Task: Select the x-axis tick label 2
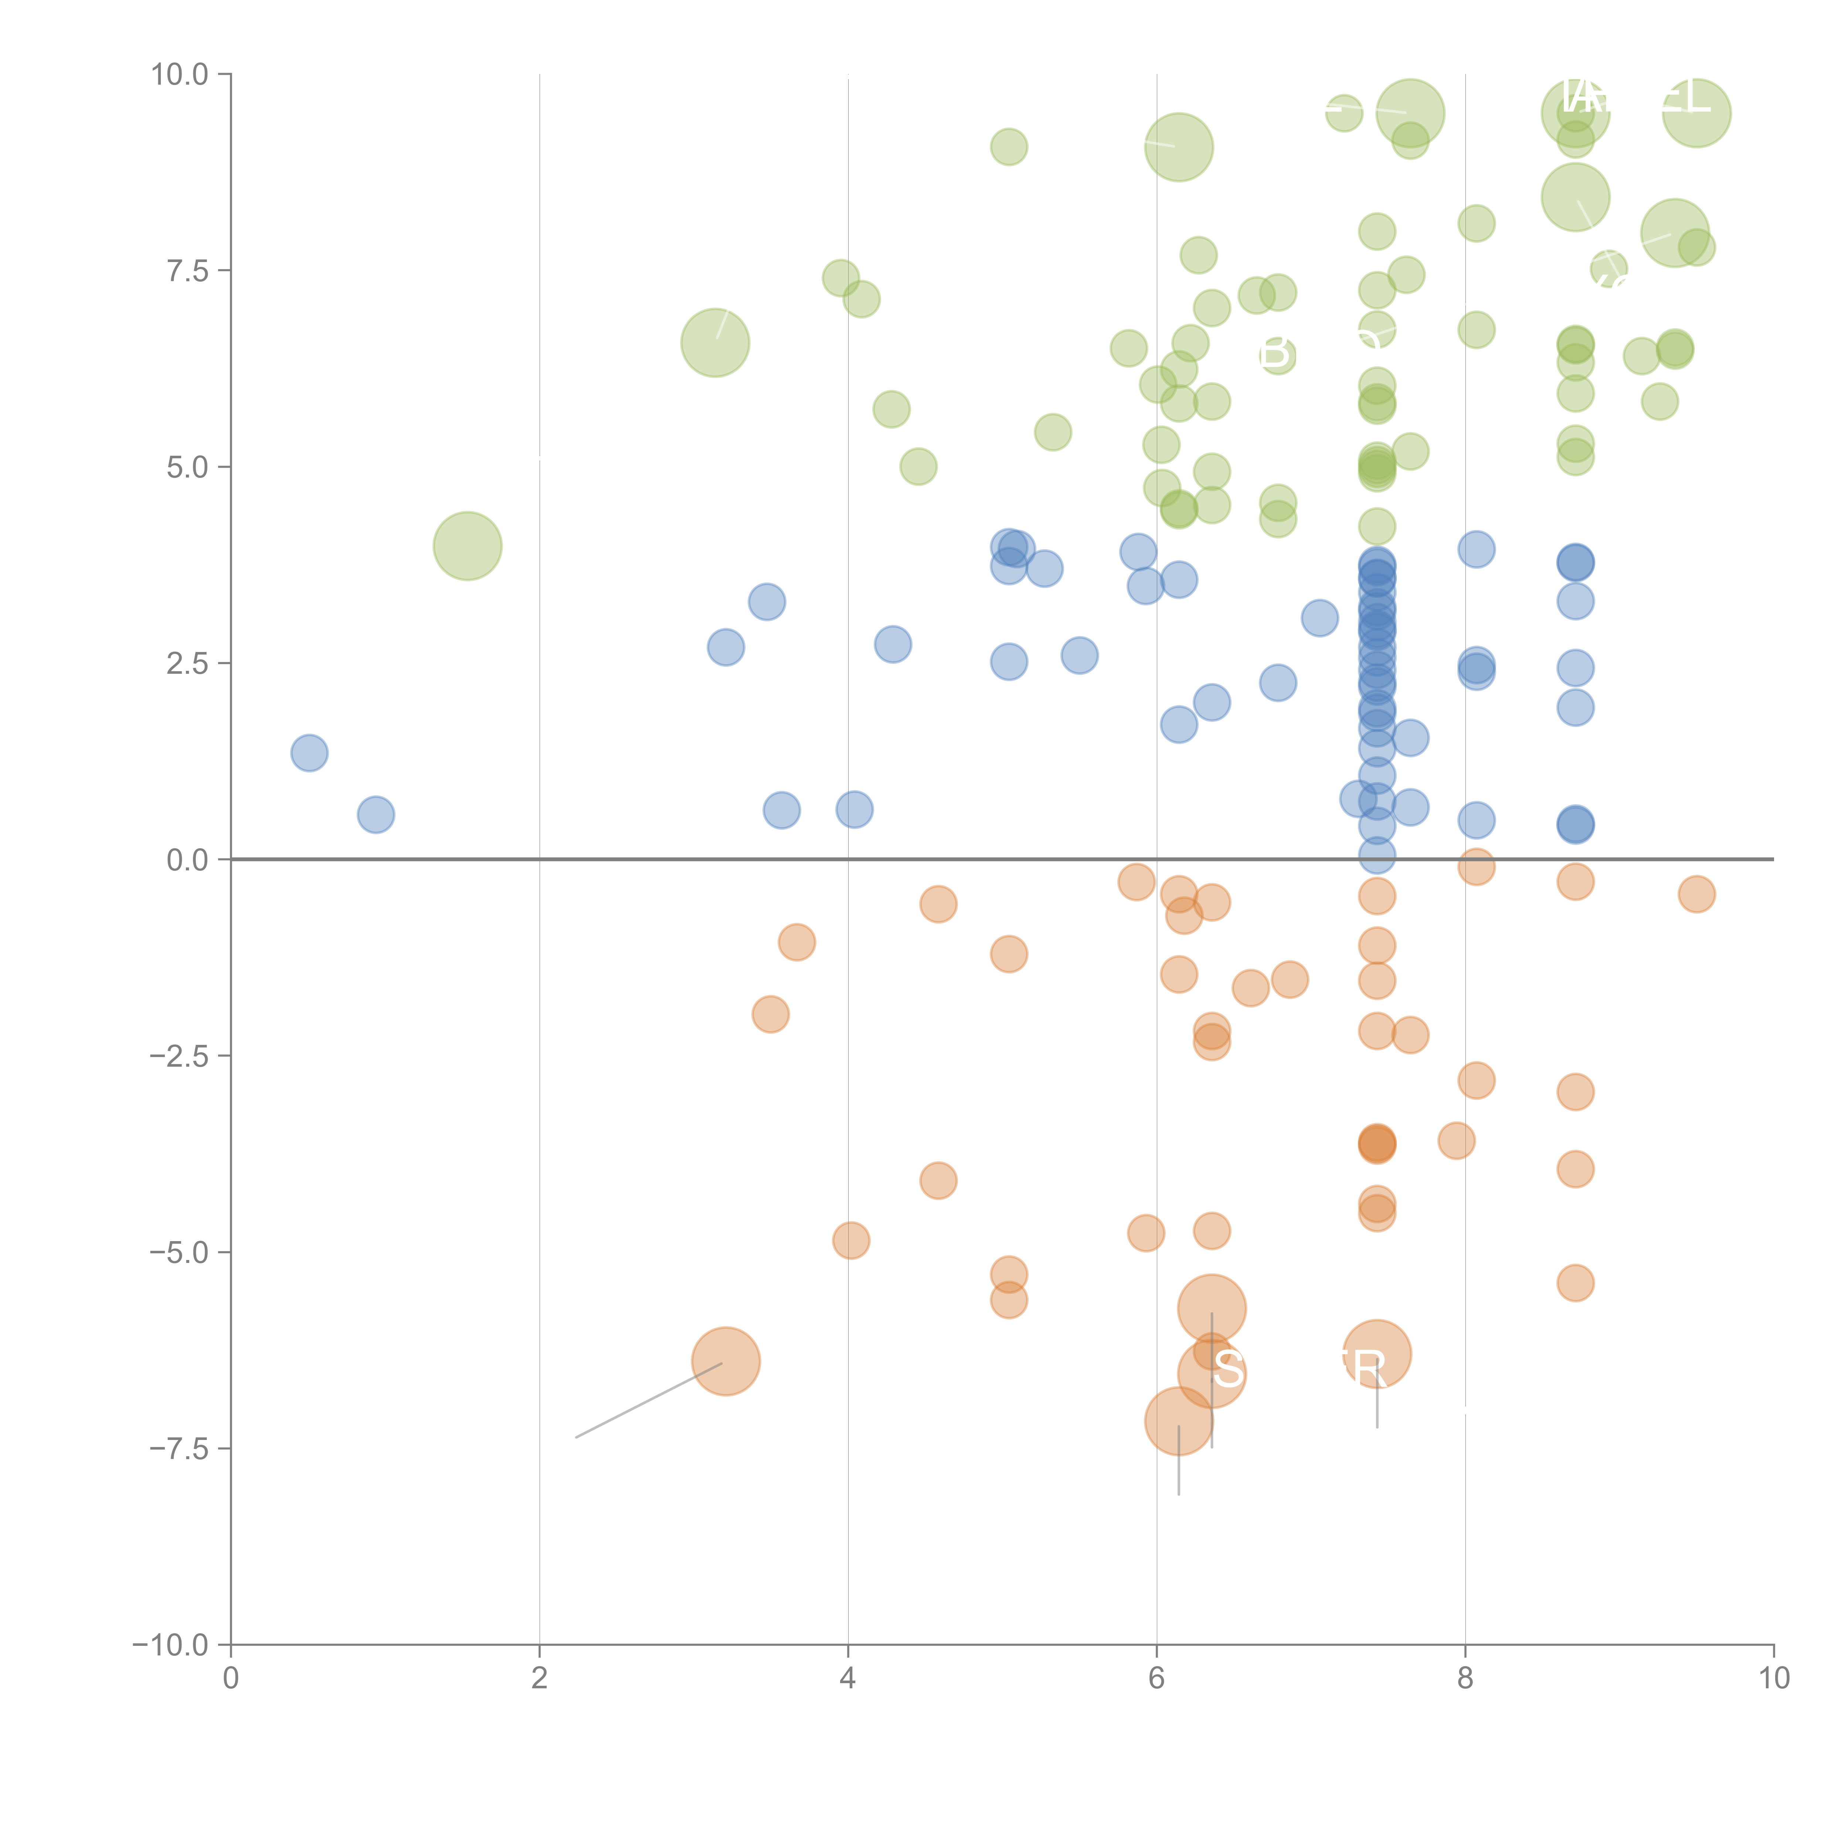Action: tap(540, 1679)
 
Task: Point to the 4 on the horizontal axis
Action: tap(847, 1679)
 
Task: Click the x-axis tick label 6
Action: tap(1156, 1679)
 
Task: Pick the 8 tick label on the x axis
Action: tap(1465, 1679)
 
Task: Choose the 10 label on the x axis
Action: tap(1773, 1679)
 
